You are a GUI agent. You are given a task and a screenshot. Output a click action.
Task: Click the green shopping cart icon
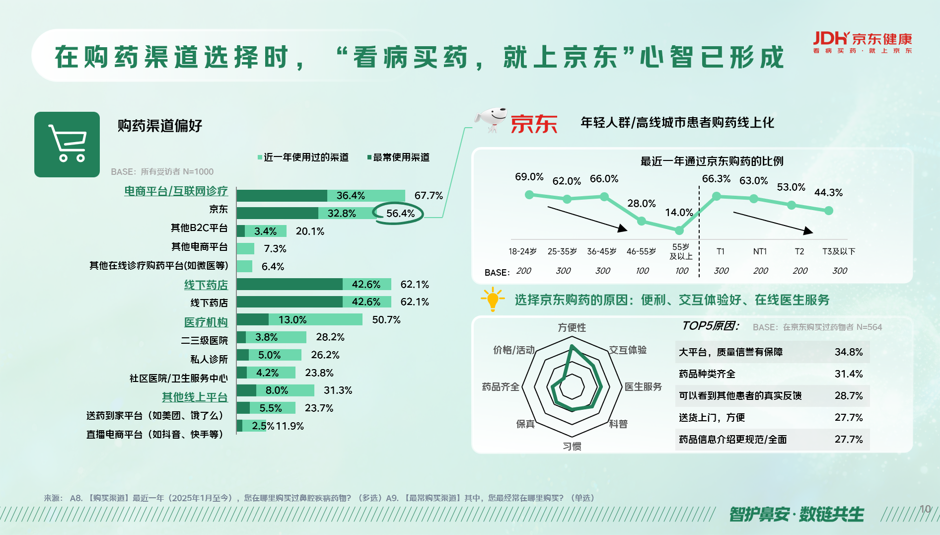pos(67,144)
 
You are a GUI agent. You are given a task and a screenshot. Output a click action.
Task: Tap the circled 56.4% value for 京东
pos(400,214)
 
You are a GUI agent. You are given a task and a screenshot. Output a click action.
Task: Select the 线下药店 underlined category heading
pos(206,285)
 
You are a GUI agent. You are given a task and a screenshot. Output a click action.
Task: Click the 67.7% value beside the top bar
pos(429,196)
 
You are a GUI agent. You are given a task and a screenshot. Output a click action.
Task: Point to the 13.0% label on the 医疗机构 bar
pos(292,320)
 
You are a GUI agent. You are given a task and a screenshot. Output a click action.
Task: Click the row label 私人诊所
pos(209,359)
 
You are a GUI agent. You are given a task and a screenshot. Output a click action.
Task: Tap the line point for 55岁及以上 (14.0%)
pos(679,230)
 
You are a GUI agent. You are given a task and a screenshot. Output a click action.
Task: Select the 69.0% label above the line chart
pos(529,177)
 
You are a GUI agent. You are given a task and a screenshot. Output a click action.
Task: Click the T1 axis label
pos(721,251)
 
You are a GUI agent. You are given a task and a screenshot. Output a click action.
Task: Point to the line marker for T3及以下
pos(829,211)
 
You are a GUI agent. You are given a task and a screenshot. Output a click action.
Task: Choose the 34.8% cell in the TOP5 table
pos(848,352)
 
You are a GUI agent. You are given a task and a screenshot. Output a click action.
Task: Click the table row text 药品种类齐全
pos(707,374)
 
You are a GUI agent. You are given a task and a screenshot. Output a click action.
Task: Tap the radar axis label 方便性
pos(572,327)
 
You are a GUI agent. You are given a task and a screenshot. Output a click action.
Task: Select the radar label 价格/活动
pos(513,350)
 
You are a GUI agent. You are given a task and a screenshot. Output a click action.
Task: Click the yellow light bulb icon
pos(492,299)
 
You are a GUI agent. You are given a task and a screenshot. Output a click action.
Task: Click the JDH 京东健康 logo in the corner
pos(862,42)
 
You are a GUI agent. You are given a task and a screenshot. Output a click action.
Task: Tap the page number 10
pos(925,509)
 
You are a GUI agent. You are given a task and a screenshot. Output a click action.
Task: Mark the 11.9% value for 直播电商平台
pos(289,426)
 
